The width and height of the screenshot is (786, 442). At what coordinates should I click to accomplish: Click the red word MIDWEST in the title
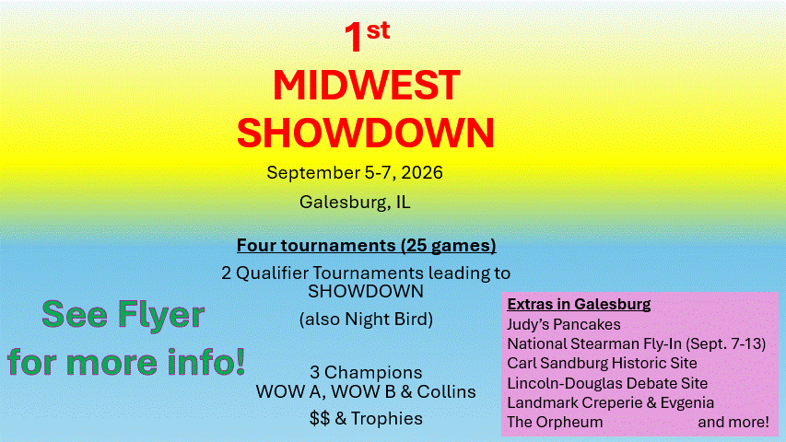click(367, 86)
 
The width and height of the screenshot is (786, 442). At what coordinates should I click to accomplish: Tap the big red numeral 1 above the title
click(354, 38)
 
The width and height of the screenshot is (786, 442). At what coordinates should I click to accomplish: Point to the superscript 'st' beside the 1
click(378, 30)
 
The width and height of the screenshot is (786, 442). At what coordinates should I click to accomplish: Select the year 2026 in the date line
click(422, 172)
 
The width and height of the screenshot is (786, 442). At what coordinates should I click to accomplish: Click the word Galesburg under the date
click(343, 203)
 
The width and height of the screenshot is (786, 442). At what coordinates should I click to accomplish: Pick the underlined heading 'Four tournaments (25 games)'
click(367, 246)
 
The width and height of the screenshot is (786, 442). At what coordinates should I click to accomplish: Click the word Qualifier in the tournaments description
click(272, 273)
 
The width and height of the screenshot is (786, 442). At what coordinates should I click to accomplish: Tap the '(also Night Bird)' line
click(366, 320)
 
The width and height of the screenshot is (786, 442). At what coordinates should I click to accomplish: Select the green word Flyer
click(161, 316)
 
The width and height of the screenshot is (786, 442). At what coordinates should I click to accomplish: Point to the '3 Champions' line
click(366, 372)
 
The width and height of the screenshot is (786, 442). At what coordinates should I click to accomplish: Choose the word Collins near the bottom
click(446, 391)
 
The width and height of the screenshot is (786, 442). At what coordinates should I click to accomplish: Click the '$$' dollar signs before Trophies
click(320, 418)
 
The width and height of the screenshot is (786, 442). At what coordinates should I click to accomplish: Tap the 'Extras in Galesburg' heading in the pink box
click(579, 304)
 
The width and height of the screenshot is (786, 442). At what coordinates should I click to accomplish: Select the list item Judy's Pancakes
click(564, 325)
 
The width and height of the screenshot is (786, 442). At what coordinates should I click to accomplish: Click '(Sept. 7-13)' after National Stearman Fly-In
click(725, 343)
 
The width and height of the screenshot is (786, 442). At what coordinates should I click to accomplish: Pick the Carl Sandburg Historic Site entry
click(602, 364)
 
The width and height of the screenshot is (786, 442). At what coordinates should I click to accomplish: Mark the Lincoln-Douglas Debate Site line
click(607, 383)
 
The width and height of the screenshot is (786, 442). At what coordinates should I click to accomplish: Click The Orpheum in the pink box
click(555, 423)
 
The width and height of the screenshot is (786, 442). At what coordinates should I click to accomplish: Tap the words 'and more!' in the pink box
click(733, 422)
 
